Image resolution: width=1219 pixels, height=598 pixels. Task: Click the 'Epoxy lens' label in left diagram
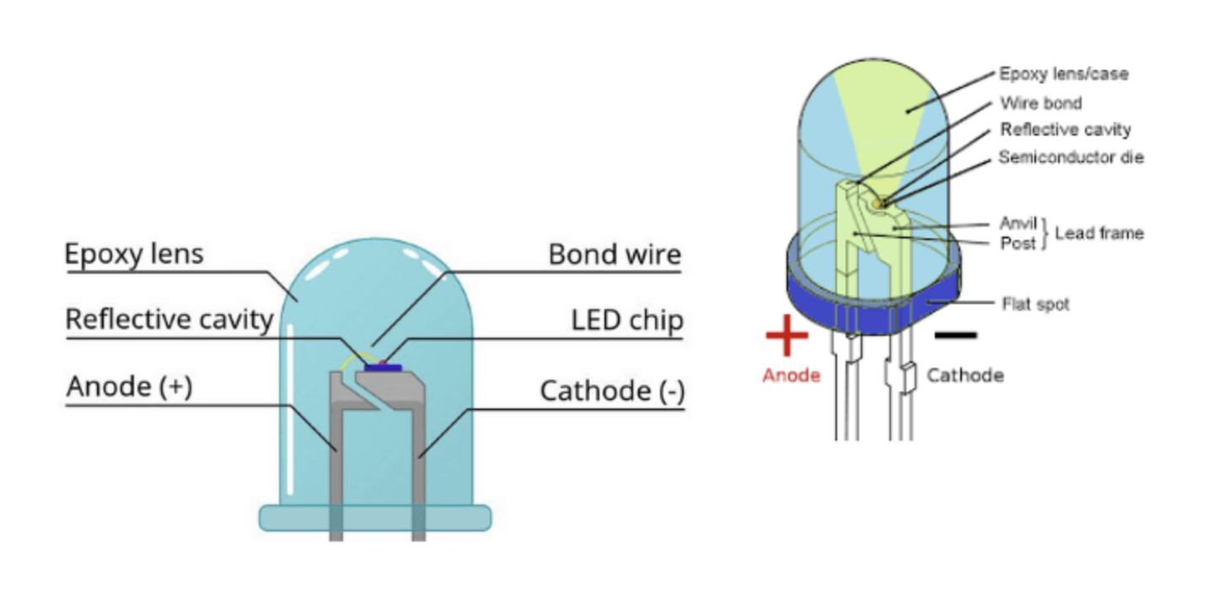(x=134, y=254)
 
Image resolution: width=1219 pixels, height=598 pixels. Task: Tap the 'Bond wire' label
(x=615, y=254)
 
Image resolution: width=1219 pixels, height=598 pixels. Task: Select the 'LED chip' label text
(x=626, y=320)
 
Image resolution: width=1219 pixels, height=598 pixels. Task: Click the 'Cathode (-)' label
(x=612, y=391)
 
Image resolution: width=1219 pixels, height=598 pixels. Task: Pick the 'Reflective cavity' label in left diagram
(x=169, y=320)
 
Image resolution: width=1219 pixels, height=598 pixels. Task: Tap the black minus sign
(x=956, y=335)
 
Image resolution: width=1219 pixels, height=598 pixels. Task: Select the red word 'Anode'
(x=791, y=376)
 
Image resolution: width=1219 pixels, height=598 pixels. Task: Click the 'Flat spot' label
(x=1035, y=303)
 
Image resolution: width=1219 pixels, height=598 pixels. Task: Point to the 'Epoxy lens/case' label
(x=1063, y=74)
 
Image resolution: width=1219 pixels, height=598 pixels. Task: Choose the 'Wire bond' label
(x=1040, y=104)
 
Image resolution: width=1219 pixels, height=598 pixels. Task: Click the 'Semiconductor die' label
(x=1071, y=158)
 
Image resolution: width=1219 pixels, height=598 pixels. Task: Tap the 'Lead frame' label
(x=1099, y=232)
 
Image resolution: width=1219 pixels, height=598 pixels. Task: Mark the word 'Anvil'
(x=1016, y=223)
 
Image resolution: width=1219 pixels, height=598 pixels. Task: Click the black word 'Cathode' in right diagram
(x=964, y=376)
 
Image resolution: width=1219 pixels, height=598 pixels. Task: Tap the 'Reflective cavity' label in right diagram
(x=1065, y=130)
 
